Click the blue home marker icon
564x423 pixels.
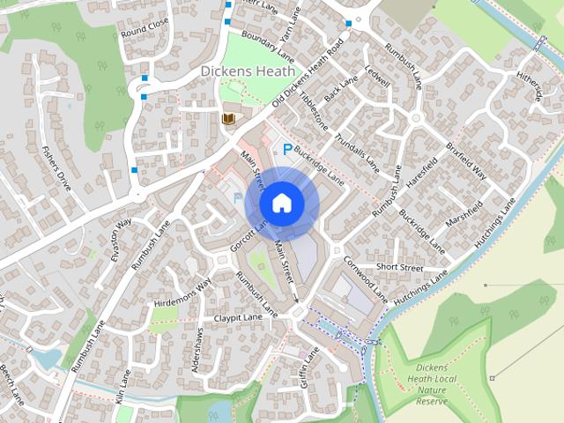(x=281, y=204)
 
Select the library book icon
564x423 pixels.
(x=228, y=118)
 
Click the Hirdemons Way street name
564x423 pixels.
(x=182, y=293)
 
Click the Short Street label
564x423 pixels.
(x=399, y=267)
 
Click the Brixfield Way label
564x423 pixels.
(x=465, y=159)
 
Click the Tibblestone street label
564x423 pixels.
(x=313, y=110)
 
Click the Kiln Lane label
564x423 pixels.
(x=122, y=386)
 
